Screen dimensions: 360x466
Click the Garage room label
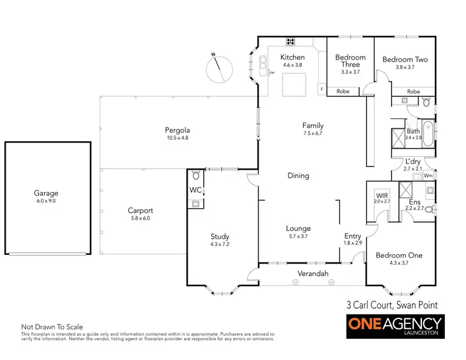(47, 193)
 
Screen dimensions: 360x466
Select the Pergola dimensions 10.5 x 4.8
(176, 138)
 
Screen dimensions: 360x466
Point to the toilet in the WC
(196, 175)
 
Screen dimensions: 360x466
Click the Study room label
(219, 236)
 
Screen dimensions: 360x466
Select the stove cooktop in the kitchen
(290, 42)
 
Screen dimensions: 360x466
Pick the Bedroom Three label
(350, 61)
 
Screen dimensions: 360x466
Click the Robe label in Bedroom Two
(413, 91)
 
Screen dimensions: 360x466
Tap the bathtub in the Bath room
(427, 134)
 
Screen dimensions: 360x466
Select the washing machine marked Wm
(428, 176)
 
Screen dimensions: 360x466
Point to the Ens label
(414, 202)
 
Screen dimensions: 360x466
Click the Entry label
(352, 236)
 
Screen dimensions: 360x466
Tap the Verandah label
(312, 274)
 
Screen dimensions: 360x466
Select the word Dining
(298, 175)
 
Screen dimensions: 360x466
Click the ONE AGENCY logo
(395, 326)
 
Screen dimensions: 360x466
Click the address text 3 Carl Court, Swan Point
(391, 305)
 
